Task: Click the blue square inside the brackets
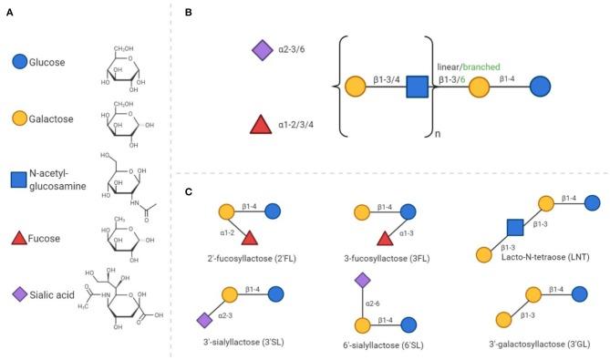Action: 417,88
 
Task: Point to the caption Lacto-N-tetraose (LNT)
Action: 536,258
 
